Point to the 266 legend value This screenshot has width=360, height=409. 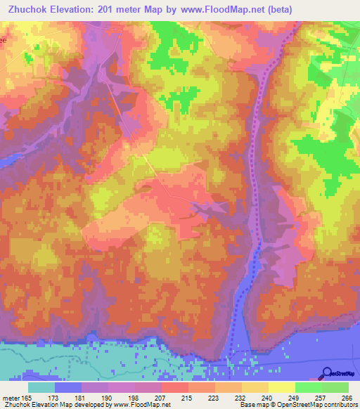pos(345,398)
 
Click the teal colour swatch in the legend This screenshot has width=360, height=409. pos(41,388)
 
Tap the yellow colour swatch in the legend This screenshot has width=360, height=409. pos(281,388)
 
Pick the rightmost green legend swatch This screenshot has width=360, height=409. pos(335,388)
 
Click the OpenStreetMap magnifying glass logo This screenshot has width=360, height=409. pos(326,373)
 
